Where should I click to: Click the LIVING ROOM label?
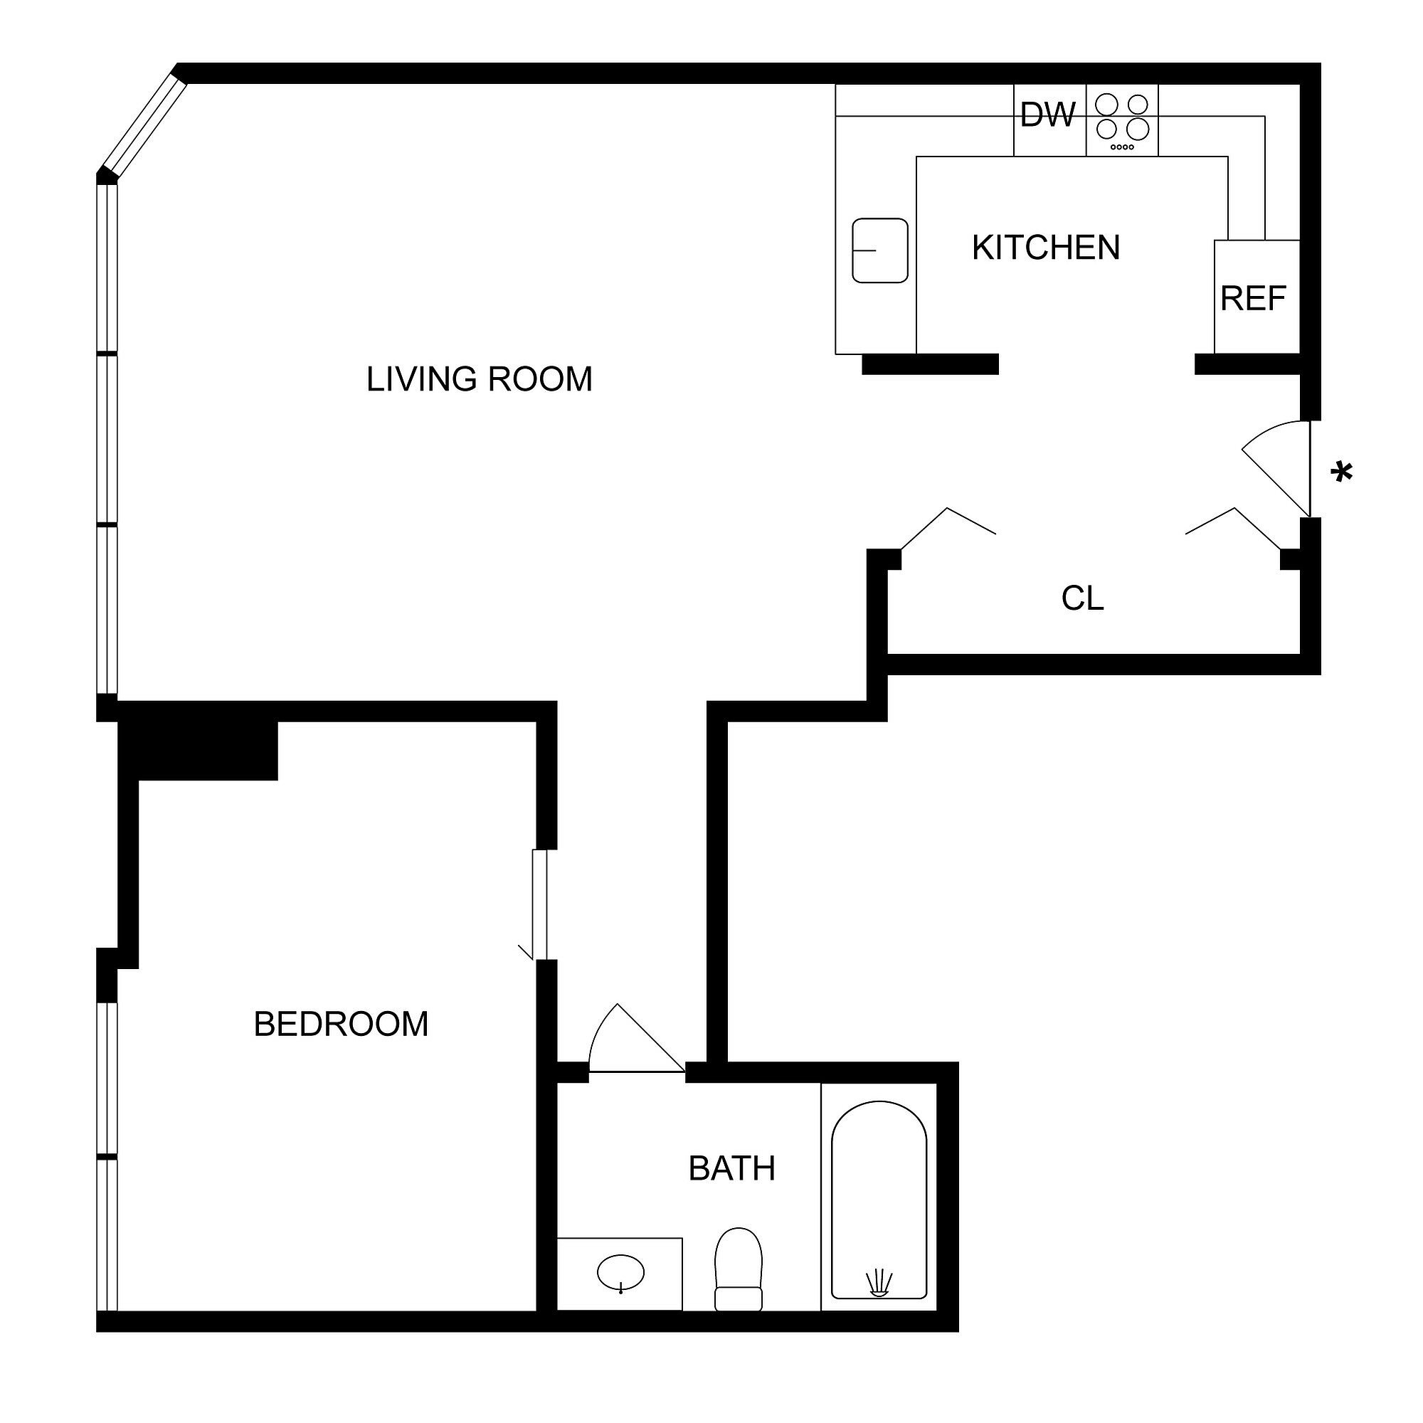[x=480, y=380]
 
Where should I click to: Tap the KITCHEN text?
[x=1045, y=248]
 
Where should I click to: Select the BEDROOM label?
[x=341, y=1025]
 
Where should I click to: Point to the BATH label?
[x=731, y=1169]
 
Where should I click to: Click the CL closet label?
[x=1082, y=598]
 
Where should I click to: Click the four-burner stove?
[x=1122, y=120]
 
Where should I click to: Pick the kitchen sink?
[x=879, y=250]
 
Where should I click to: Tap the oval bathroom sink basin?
[x=620, y=1273]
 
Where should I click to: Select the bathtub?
[x=879, y=1200]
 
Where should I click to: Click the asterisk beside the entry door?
[x=1342, y=472]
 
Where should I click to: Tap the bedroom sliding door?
[x=540, y=905]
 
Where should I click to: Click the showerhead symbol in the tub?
[x=879, y=1281]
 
